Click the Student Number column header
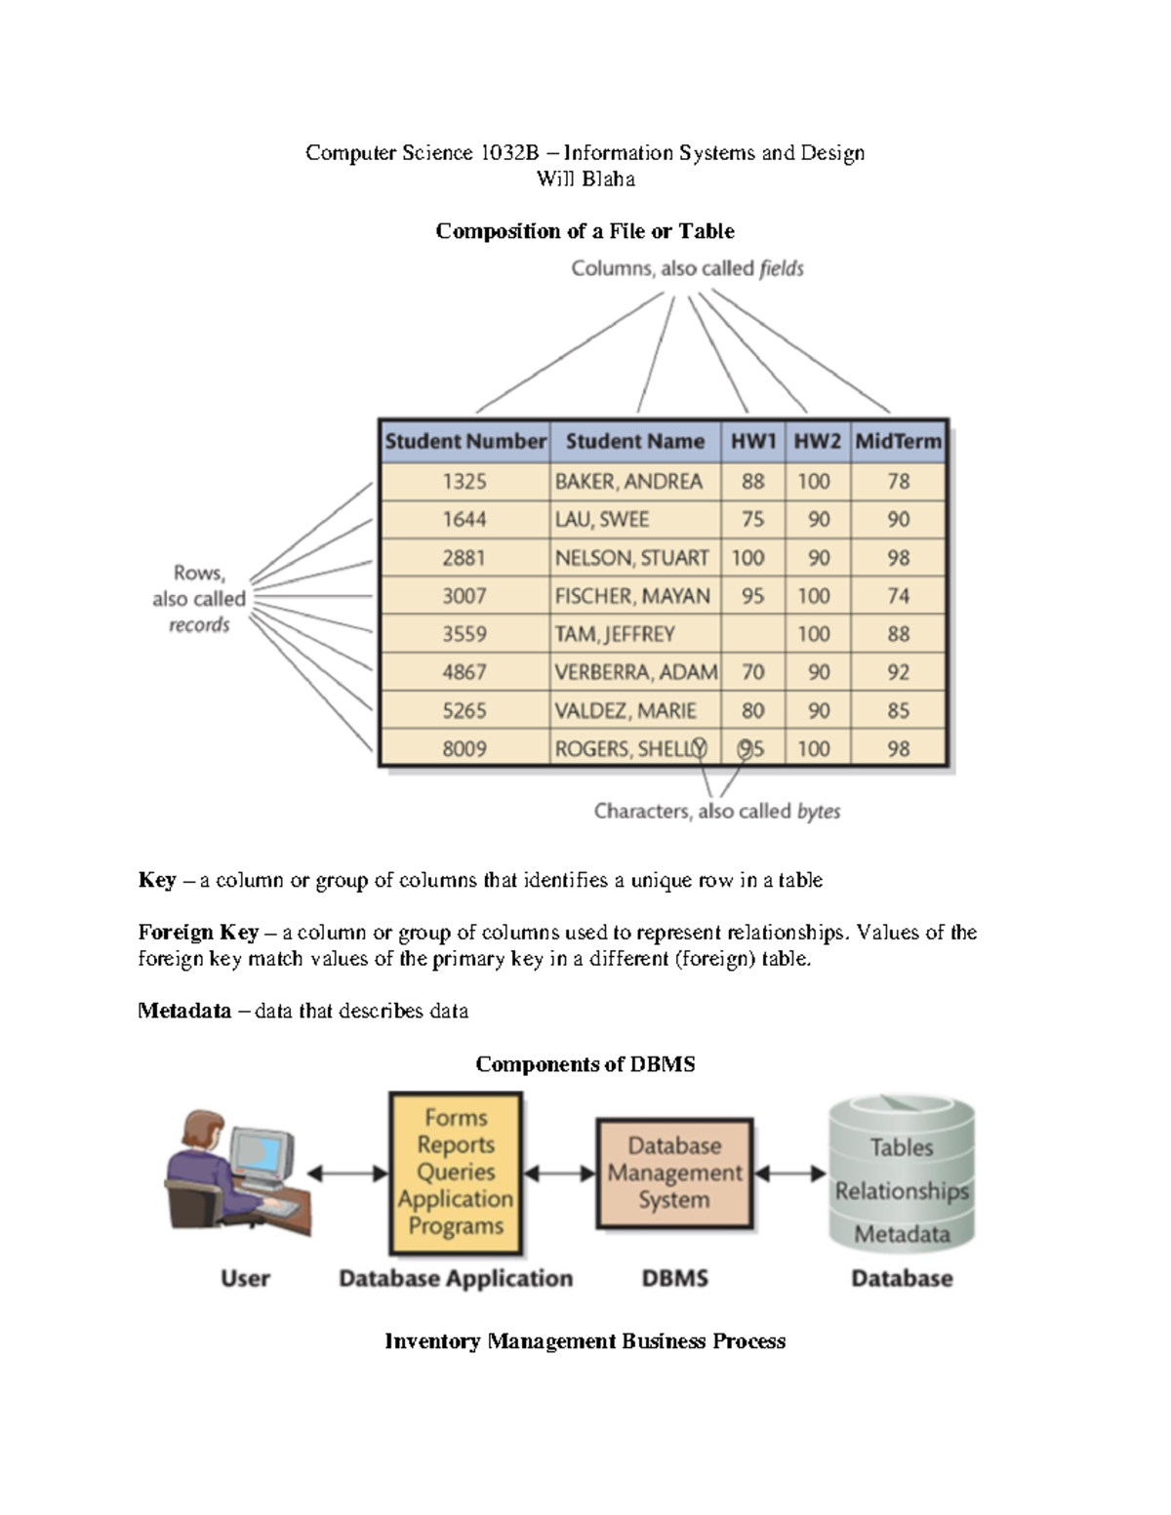pyautogui.click(x=464, y=442)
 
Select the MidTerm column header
pyautogui.click(x=898, y=442)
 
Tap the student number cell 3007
pyautogui.click(x=464, y=596)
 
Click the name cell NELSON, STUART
pyautogui.click(x=632, y=558)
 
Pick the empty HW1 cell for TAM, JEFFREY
pyautogui.click(x=752, y=634)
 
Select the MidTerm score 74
pyautogui.click(x=898, y=596)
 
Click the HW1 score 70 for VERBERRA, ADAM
pyautogui.click(x=752, y=672)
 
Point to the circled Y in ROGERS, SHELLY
pyautogui.click(x=699, y=749)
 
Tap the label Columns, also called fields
pyautogui.click(x=687, y=268)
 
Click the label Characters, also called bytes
pyautogui.click(x=716, y=812)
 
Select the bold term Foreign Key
pyautogui.click(x=198, y=933)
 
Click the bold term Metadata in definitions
pyautogui.click(x=184, y=1011)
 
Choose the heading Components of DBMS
pyautogui.click(x=585, y=1064)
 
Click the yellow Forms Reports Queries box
pyautogui.click(x=456, y=1173)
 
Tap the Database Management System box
pyautogui.click(x=674, y=1173)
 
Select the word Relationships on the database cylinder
pyautogui.click(x=902, y=1191)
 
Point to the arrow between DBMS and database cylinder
pyautogui.click(x=790, y=1174)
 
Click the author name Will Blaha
pyautogui.click(x=585, y=179)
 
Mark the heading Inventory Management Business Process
pyautogui.click(x=585, y=1341)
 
